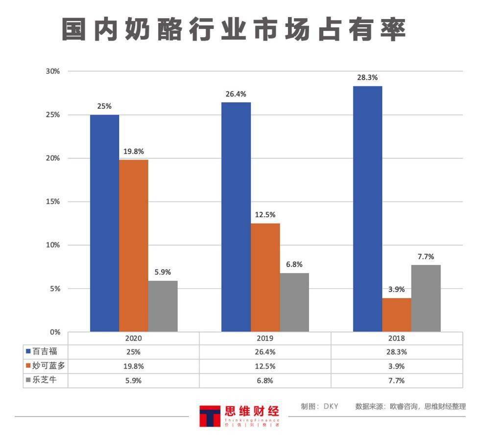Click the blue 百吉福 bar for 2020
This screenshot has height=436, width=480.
(104, 223)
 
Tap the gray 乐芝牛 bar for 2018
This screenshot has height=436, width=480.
(426, 298)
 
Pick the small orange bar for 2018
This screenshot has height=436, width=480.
(397, 315)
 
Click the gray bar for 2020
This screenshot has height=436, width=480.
(163, 306)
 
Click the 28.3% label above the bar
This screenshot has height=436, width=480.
(367, 78)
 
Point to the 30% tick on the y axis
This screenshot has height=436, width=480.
(52, 71)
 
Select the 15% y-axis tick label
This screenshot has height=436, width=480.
(52, 202)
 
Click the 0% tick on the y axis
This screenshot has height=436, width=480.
(54, 332)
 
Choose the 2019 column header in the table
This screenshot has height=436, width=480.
(265, 338)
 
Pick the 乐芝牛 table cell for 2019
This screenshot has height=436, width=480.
(265, 380)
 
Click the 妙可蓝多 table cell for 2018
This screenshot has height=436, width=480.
(397, 366)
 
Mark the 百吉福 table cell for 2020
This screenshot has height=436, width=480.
(133, 351)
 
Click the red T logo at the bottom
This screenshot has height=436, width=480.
(210, 416)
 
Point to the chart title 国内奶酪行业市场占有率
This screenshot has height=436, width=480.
(235, 30)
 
